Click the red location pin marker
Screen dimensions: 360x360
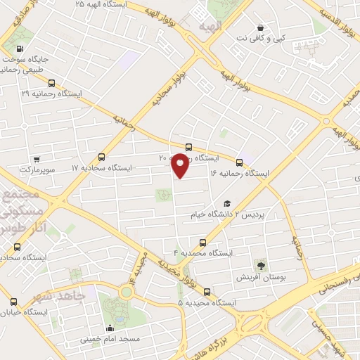(181, 166)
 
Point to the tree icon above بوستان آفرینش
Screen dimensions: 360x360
(261, 265)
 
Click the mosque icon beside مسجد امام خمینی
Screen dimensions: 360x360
(110, 328)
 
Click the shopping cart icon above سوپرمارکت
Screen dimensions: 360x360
(37, 160)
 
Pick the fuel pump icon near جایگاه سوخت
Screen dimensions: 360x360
(18, 50)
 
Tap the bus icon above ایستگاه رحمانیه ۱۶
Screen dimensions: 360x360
(240, 162)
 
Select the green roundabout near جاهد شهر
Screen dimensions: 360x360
(127, 291)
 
